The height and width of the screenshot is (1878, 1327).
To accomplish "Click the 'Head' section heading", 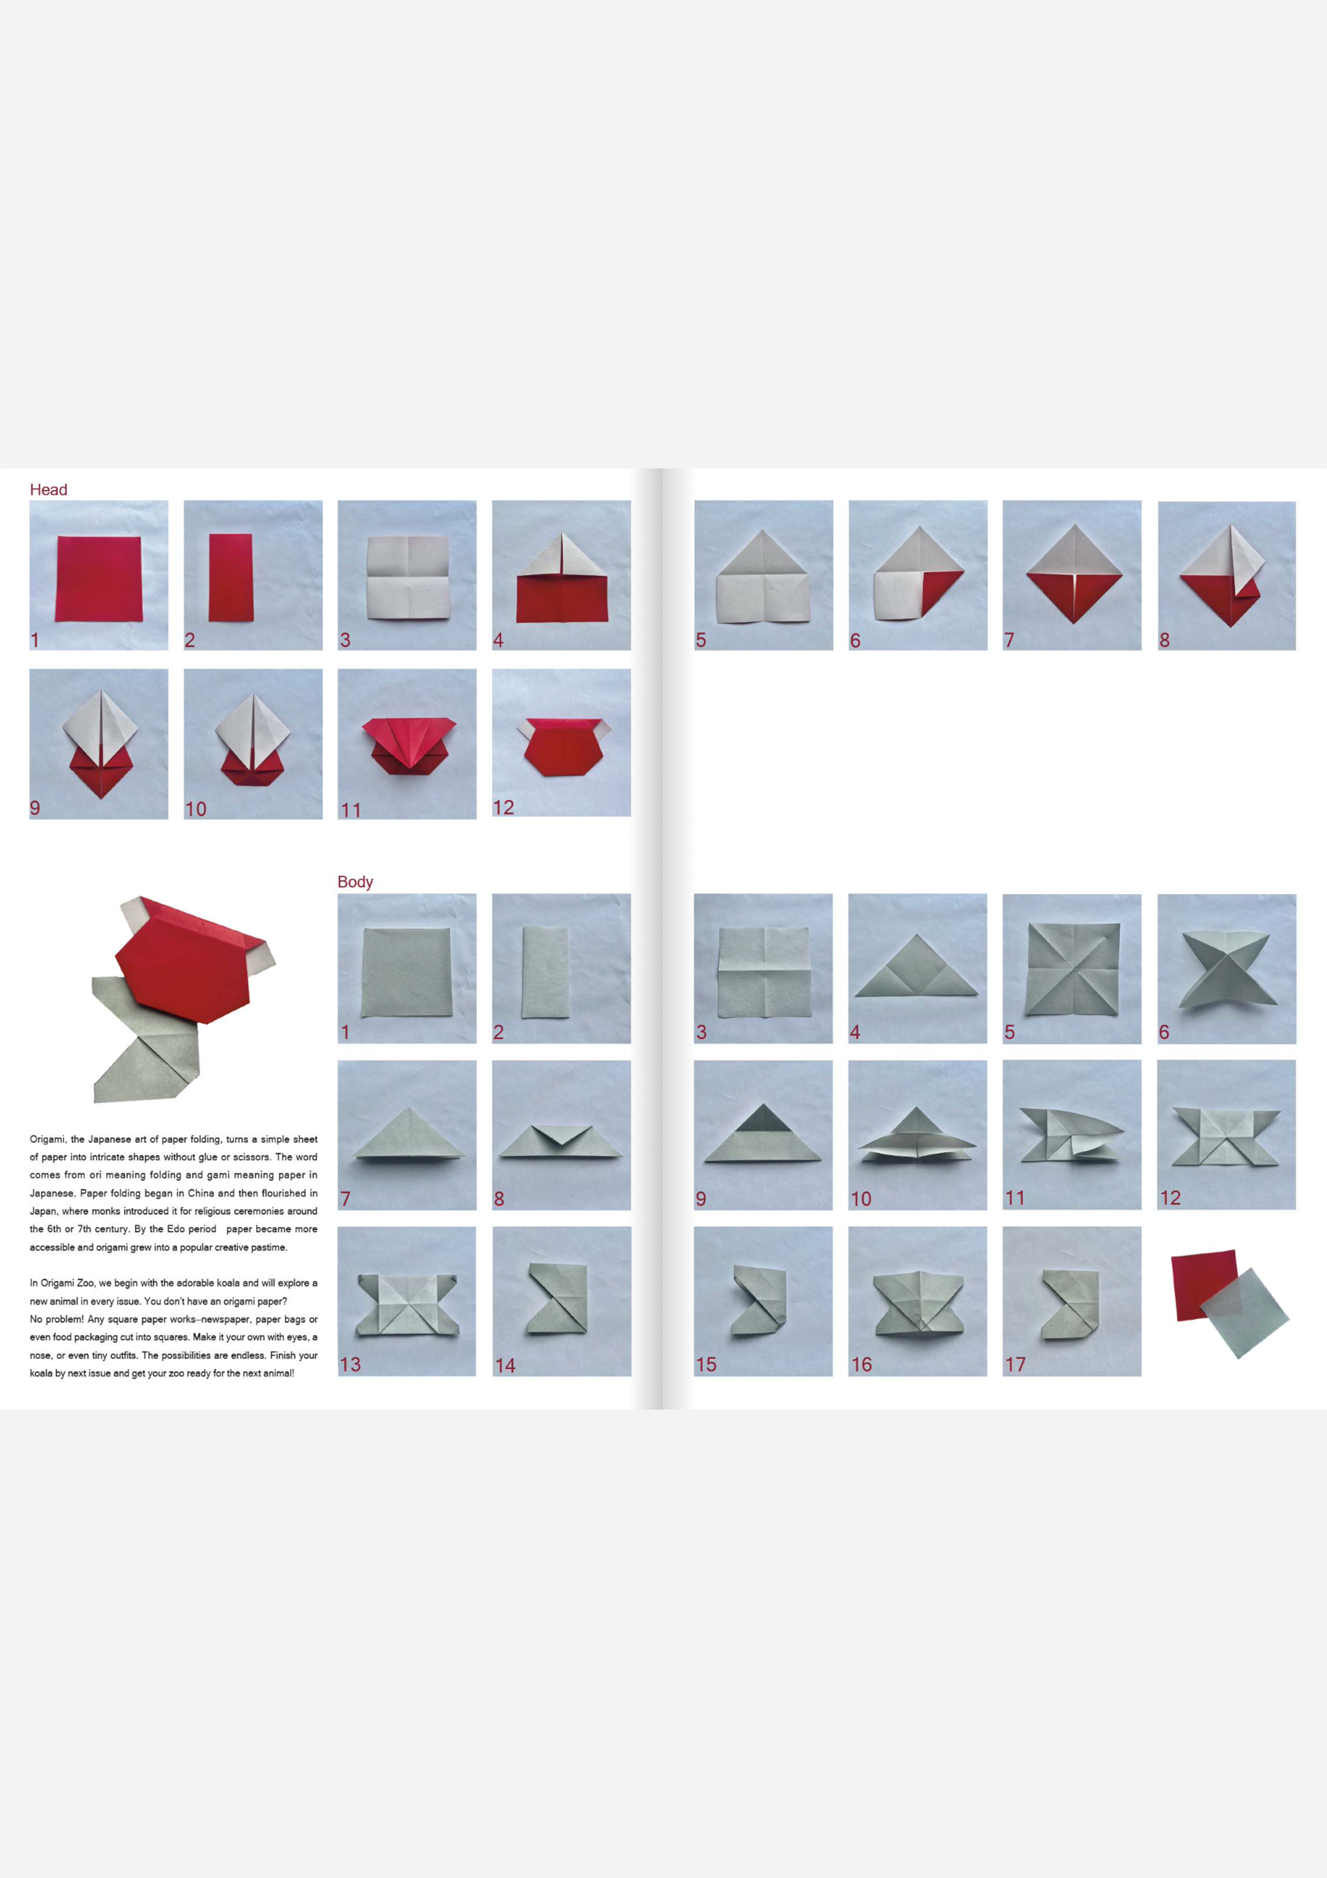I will point(48,489).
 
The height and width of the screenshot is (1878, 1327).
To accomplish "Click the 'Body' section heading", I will point(355,881).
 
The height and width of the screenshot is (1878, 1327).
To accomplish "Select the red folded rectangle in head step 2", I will point(231,578).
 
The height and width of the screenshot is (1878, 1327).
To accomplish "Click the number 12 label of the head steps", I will point(503,807).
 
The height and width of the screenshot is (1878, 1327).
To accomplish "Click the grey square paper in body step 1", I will point(406,972).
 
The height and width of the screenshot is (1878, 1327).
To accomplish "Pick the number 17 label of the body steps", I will point(1015,1364).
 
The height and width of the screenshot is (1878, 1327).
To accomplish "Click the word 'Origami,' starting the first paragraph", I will point(48,1139).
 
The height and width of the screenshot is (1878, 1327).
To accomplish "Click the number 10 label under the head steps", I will point(195,809).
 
